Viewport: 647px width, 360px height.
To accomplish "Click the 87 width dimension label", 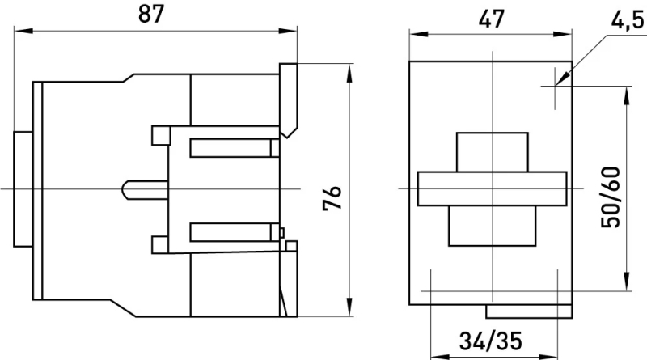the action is click(151, 14).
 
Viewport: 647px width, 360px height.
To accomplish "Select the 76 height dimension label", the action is click(332, 198).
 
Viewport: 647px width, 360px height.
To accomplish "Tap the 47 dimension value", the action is click(491, 19).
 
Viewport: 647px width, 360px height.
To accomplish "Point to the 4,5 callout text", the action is click(628, 20).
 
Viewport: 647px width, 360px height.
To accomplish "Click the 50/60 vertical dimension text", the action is click(611, 197).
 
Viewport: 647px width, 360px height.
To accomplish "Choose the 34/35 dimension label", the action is click(491, 341).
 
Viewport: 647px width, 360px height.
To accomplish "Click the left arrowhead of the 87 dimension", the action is click(23, 31).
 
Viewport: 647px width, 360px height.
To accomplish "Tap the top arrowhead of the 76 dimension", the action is click(349, 73).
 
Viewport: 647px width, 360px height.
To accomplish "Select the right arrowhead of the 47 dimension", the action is click(562, 34).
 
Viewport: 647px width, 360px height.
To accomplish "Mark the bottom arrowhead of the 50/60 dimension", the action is click(627, 282).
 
